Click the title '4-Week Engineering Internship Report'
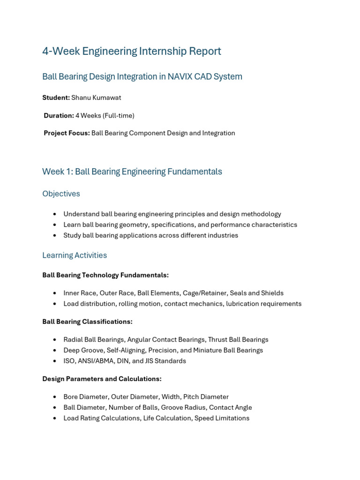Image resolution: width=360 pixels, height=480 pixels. pos(131,51)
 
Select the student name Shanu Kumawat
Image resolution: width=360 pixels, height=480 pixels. pos(96,97)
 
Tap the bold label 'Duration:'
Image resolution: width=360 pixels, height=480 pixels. pos(59,115)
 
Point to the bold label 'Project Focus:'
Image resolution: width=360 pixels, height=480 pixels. pos(67,133)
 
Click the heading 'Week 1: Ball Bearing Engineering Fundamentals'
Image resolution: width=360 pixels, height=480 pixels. pos(132,172)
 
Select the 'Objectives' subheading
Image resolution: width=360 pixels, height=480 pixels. pos(61,194)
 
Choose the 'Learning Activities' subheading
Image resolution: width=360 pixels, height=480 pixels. pos(75,255)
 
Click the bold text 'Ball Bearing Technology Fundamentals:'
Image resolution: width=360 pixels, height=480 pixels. pos(105,275)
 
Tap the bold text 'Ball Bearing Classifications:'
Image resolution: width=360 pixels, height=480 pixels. pos(87,322)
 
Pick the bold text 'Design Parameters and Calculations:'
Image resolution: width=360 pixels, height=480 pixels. pos(102,379)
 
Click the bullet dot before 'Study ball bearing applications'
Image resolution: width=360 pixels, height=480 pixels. pos(55,235)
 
